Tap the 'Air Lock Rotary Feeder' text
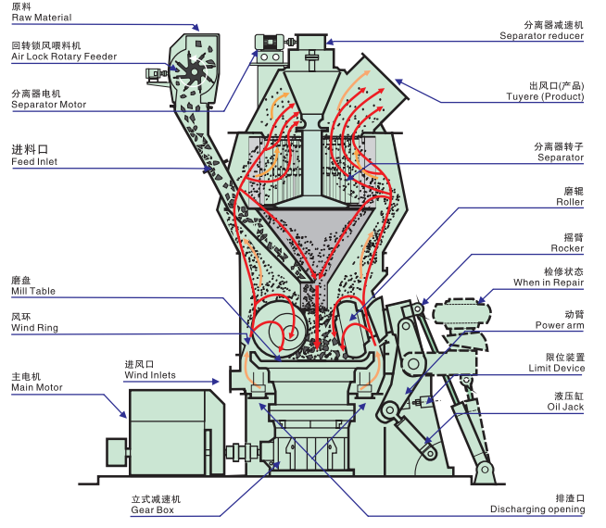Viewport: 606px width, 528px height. coord(64,57)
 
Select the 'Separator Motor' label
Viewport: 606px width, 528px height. coord(48,105)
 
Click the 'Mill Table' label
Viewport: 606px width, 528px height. coord(33,291)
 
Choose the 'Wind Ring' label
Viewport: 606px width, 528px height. coord(33,327)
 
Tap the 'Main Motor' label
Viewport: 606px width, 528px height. coord(37,387)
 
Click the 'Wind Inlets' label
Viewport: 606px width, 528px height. coord(150,375)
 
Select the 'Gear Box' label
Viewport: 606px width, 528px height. coord(153,510)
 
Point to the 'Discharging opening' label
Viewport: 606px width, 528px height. coord(538,510)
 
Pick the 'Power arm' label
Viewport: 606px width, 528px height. coord(560,325)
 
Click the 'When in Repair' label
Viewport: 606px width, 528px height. coord(549,283)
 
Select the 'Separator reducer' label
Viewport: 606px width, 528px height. coord(542,36)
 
